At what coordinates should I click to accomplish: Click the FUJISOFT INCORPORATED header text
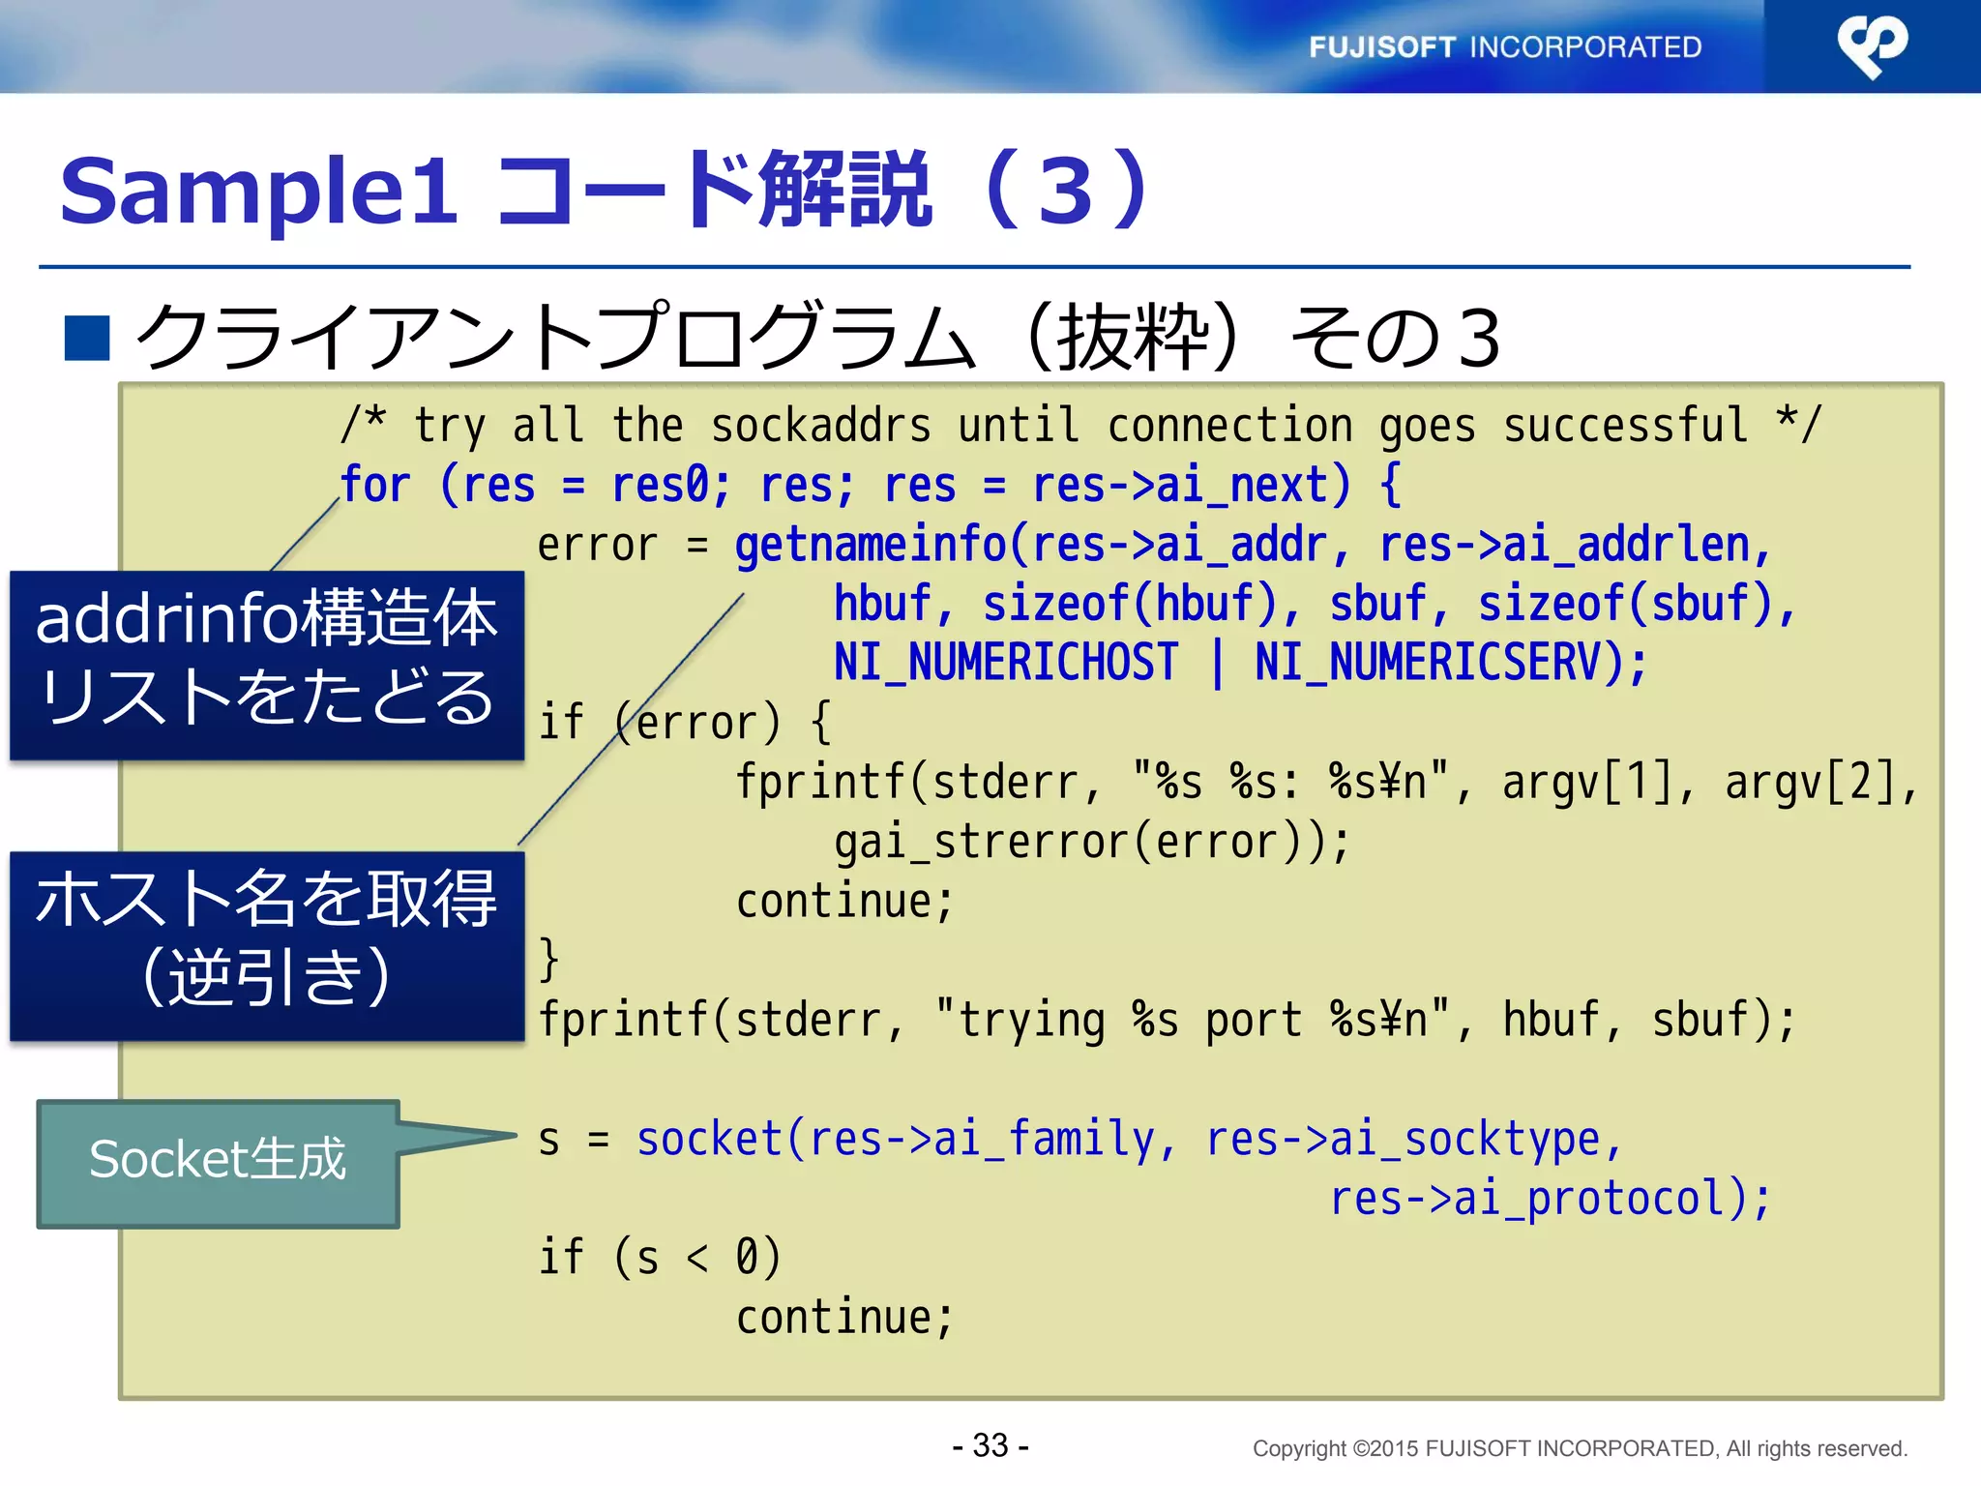1505,46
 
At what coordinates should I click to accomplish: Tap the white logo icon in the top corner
1872,45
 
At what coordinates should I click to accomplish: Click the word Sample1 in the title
257,191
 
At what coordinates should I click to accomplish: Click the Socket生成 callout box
218,1162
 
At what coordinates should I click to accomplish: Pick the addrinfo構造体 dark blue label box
266,664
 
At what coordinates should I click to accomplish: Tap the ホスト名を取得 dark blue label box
266,944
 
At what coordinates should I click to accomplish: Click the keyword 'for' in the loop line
375,485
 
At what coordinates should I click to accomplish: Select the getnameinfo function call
870,545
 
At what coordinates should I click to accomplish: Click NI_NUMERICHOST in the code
1006,664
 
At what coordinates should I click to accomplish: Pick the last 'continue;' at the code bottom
843,1318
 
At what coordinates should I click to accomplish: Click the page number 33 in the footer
990,1445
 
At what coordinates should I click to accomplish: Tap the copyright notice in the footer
1579,1448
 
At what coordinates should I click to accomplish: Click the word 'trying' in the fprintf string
1031,1020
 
